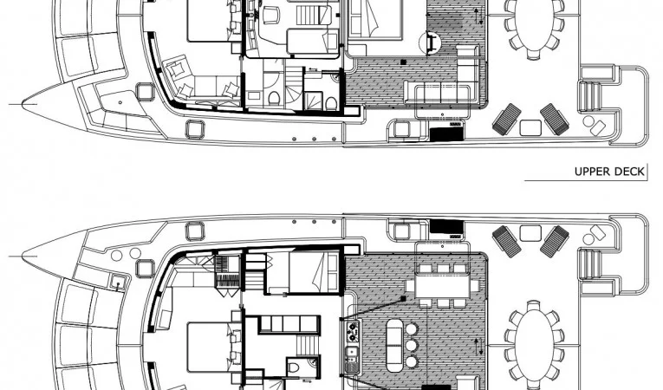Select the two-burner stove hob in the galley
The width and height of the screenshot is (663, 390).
pos(352,332)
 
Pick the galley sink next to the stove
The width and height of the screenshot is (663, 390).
pos(352,352)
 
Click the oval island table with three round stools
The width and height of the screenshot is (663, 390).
pos(395,345)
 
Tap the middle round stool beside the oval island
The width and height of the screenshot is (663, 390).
pos(412,346)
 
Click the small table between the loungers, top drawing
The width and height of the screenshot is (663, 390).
pos(530,127)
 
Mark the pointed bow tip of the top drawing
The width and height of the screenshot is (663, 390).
pos(23,104)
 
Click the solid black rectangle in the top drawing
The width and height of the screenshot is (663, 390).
pos(446,134)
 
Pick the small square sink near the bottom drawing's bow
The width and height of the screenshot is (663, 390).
pos(118,281)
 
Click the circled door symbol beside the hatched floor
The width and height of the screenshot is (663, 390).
pos(430,42)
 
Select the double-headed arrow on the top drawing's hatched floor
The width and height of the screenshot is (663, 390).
pos(478,16)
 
